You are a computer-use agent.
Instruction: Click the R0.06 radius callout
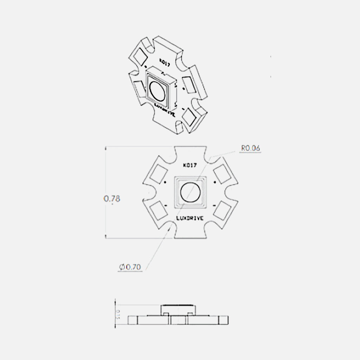(250, 148)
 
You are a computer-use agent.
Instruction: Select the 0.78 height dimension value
(112, 199)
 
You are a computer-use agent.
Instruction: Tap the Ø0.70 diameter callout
(130, 267)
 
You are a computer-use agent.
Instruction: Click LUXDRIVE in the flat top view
(189, 218)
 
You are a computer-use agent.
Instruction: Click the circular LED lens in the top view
(190, 192)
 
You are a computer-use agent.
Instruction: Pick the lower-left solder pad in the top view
(158, 211)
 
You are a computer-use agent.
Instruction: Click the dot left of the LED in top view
(165, 182)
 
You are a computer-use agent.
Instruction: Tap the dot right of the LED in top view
(214, 182)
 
